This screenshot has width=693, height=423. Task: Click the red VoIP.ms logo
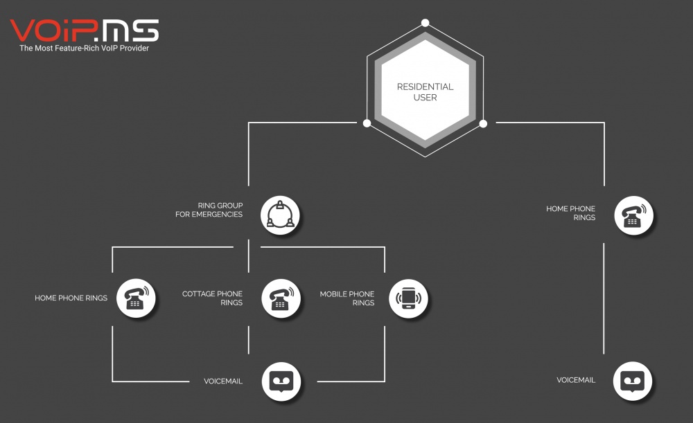click(84, 31)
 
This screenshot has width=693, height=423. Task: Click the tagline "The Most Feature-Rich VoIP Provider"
click(84, 48)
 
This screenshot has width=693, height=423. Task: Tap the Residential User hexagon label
click(426, 92)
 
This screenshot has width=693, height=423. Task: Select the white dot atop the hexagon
click(426, 23)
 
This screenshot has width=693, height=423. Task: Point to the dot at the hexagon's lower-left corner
click(367, 123)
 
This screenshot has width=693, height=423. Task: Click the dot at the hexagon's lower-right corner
click(484, 124)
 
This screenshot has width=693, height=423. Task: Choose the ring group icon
click(280, 215)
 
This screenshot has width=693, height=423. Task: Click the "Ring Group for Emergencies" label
click(209, 210)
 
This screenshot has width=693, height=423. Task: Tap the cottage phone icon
click(281, 298)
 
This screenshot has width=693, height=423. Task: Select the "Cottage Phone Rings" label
click(212, 298)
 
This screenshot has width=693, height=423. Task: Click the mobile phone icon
click(408, 298)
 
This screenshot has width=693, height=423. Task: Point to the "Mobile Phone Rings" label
click(347, 298)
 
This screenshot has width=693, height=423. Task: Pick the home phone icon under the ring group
click(136, 298)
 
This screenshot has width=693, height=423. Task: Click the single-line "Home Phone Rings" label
click(71, 298)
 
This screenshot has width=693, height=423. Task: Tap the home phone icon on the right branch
click(634, 215)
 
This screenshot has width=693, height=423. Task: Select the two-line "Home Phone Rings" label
click(570, 213)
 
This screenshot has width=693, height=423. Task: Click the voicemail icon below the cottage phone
click(281, 381)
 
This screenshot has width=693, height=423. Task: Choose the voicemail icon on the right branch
click(633, 381)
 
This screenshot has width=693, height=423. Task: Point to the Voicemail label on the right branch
click(576, 380)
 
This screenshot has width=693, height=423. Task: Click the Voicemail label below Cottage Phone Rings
click(223, 381)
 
